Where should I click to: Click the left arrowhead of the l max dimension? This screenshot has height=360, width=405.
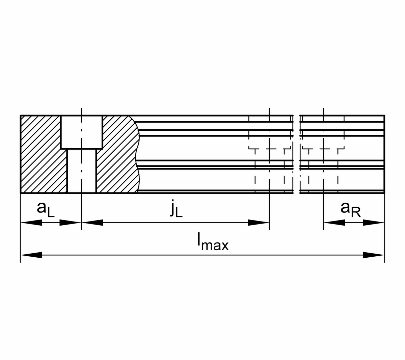click(x=31, y=255)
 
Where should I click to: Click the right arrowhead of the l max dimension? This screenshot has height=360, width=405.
click(x=374, y=255)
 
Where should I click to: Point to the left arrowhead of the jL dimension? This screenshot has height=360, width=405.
click(x=92, y=223)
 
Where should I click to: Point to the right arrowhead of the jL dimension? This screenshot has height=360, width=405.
click(x=259, y=223)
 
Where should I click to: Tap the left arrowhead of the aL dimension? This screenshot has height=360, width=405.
click(x=31, y=223)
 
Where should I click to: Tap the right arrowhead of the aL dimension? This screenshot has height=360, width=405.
click(x=71, y=223)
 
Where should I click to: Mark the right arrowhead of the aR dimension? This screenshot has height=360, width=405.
click(x=374, y=223)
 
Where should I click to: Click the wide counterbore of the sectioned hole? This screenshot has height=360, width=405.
click(x=81, y=132)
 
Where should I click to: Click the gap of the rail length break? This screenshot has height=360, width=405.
click(x=296, y=154)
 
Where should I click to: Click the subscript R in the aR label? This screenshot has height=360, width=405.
click(x=355, y=213)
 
